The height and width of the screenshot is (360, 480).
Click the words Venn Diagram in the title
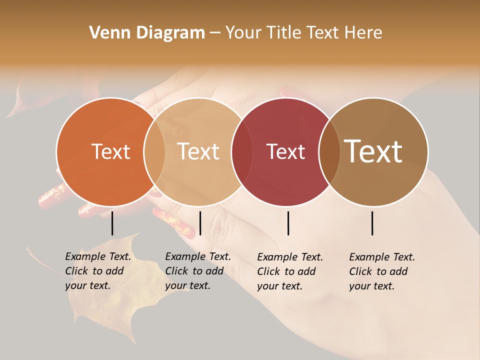coord(147,33)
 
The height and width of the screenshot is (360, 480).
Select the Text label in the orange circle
coord(110,152)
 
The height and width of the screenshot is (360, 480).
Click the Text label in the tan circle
coord(198,151)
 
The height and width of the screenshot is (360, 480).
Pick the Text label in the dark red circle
coord(285,152)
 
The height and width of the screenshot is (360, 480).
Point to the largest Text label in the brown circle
coord(373,151)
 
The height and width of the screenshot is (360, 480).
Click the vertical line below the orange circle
coord(112,223)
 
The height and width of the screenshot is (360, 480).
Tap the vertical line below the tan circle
coord(200,223)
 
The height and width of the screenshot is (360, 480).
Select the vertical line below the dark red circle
coord(288,223)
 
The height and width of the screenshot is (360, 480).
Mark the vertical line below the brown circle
coord(372,223)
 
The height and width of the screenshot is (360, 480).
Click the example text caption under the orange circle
coord(98,271)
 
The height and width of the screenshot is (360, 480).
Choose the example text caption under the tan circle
coord(198,271)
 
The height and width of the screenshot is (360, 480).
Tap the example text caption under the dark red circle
coord(290,271)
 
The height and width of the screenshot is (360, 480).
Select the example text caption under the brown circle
coord(382,271)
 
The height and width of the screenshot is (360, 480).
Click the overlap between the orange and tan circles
coord(154,152)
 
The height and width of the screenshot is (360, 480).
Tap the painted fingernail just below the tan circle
coord(173,222)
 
